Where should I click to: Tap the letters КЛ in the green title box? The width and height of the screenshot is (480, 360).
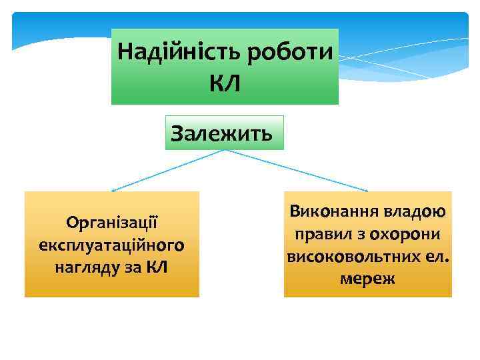(225, 83)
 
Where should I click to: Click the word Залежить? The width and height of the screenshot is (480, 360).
(221, 133)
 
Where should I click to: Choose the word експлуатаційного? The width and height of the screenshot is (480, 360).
(111, 245)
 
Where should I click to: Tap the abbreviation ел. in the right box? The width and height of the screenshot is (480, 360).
(435, 257)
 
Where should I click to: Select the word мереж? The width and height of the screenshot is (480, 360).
(367, 279)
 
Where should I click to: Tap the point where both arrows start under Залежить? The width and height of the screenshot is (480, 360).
(225, 150)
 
